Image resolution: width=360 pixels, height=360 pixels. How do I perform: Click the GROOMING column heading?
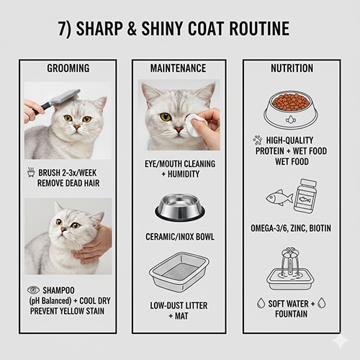pos(68,68)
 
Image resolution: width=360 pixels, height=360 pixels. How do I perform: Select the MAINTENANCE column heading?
pos(178,68)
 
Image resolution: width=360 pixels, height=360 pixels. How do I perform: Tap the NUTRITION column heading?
pos(291,68)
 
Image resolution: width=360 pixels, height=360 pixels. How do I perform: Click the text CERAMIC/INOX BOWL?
pos(179,237)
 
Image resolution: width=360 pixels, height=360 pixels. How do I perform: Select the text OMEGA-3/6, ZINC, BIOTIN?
pos(292,228)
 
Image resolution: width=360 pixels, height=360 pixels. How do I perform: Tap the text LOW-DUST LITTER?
pos(179,305)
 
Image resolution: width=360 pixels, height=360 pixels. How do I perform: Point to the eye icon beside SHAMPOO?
pos(32,289)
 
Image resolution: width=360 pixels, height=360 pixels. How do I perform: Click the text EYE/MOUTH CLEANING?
pos(179,163)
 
